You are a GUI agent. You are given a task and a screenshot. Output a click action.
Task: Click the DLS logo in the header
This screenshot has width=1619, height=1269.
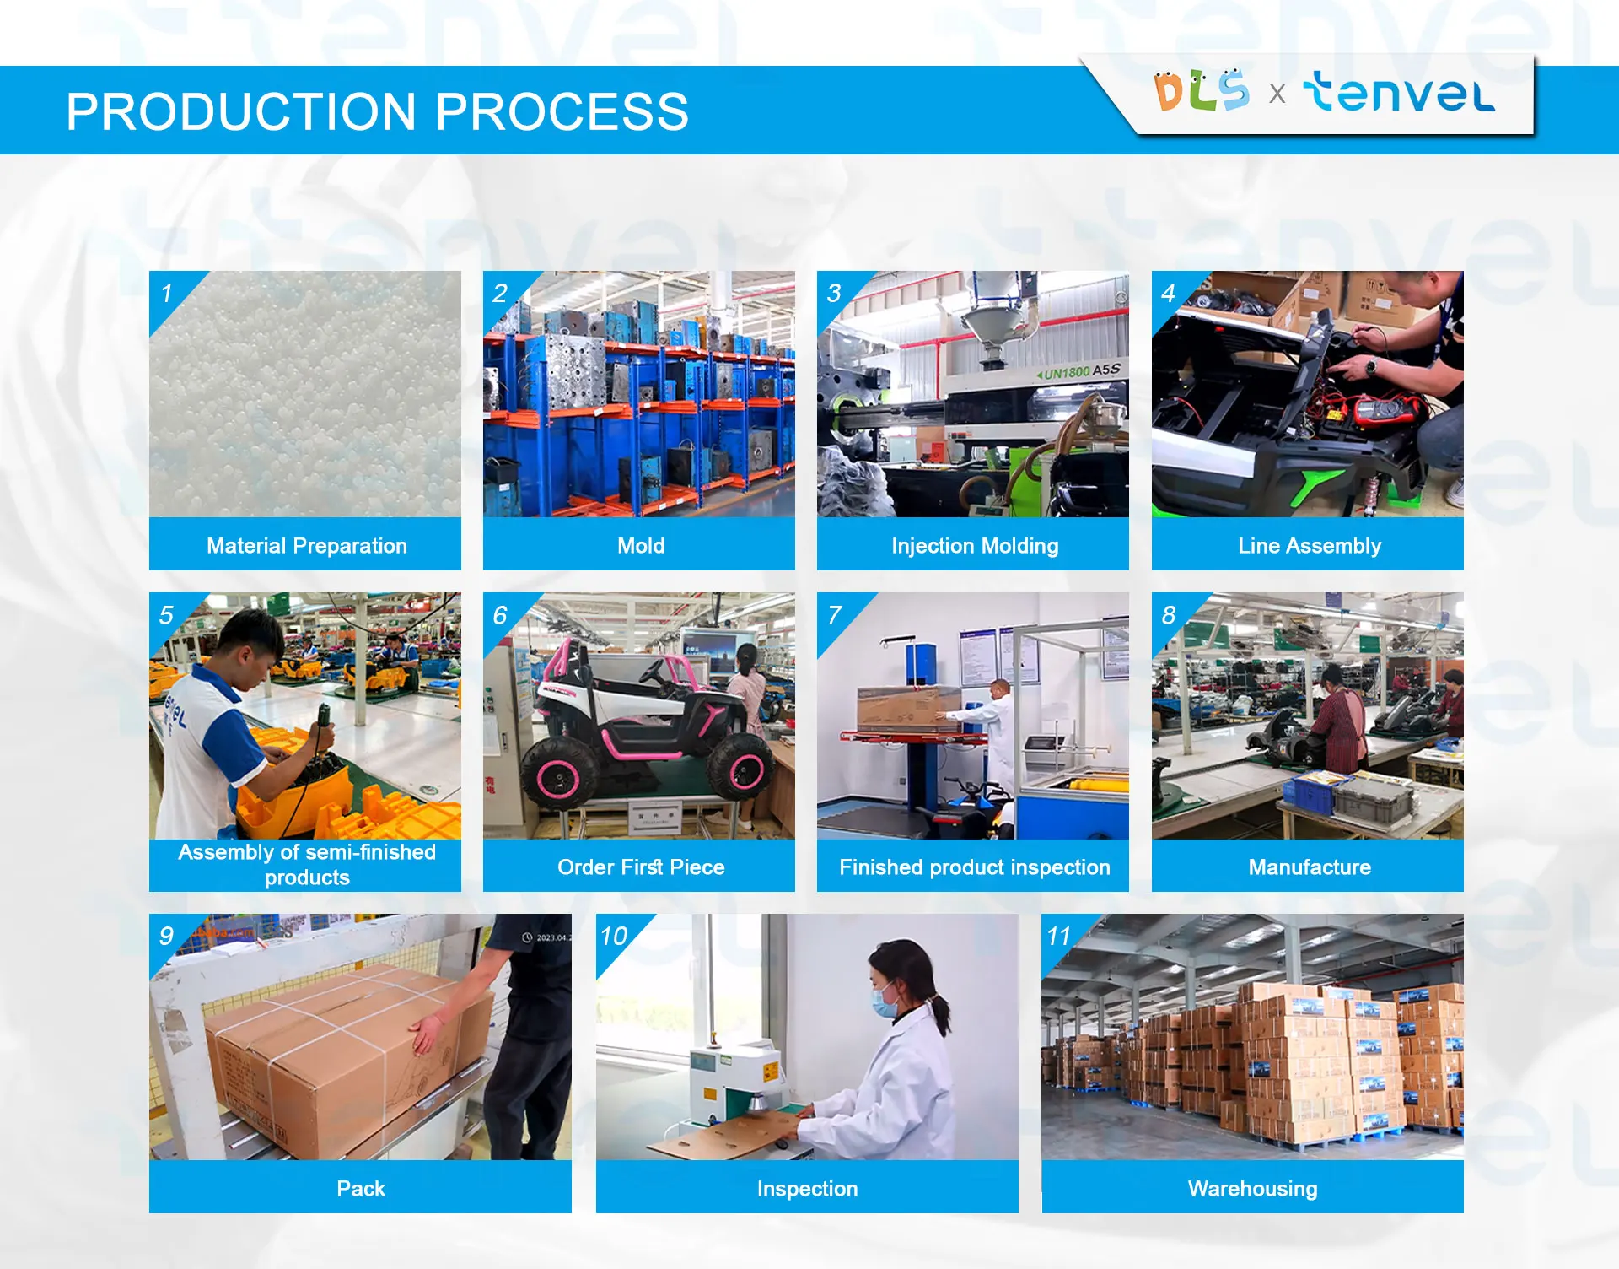pyautogui.click(x=1201, y=91)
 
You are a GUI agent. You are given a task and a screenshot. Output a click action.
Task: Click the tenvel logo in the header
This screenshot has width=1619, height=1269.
pyautogui.click(x=1399, y=93)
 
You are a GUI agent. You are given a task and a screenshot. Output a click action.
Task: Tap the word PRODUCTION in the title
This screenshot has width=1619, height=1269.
pyautogui.click(x=241, y=112)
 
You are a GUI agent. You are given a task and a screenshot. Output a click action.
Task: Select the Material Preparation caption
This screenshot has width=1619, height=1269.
pyautogui.click(x=306, y=546)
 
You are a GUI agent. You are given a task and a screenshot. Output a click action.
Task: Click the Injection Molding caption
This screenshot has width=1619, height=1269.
pyautogui.click(x=974, y=546)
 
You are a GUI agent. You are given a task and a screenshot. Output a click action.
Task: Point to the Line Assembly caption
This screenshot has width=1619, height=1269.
pyautogui.click(x=1309, y=546)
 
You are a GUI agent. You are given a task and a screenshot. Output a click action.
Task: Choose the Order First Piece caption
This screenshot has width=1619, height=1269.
pyautogui.click(x=640, y=867)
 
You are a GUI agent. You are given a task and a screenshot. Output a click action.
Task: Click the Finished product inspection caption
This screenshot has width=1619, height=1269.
pyautogui.click(x=974, y=867)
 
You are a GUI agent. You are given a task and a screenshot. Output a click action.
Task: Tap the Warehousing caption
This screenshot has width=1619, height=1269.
pyautogui.click(x=1252, y=1189)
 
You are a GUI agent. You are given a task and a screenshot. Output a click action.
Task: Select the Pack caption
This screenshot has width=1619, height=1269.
pyautogui.click(x=360, y=1189)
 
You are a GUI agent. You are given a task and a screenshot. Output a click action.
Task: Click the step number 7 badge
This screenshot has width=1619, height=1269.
pyautogui.click(x=835, y=615)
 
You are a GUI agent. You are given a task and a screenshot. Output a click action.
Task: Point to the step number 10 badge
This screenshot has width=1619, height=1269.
pyautogui.click(x=614, y=936)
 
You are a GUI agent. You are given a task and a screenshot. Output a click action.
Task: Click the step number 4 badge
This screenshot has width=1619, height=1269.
pyautogui.click(x=1168, y=293)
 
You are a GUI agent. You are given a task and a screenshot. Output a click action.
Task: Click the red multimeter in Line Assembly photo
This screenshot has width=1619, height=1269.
pyautogui.click(x=1383, y=411)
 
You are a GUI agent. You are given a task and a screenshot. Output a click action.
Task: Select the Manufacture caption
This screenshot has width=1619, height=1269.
pyautogui.click(x=1309, y=867)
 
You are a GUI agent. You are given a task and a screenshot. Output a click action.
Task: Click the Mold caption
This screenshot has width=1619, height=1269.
pyautogui.click(x=640, y=546)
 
